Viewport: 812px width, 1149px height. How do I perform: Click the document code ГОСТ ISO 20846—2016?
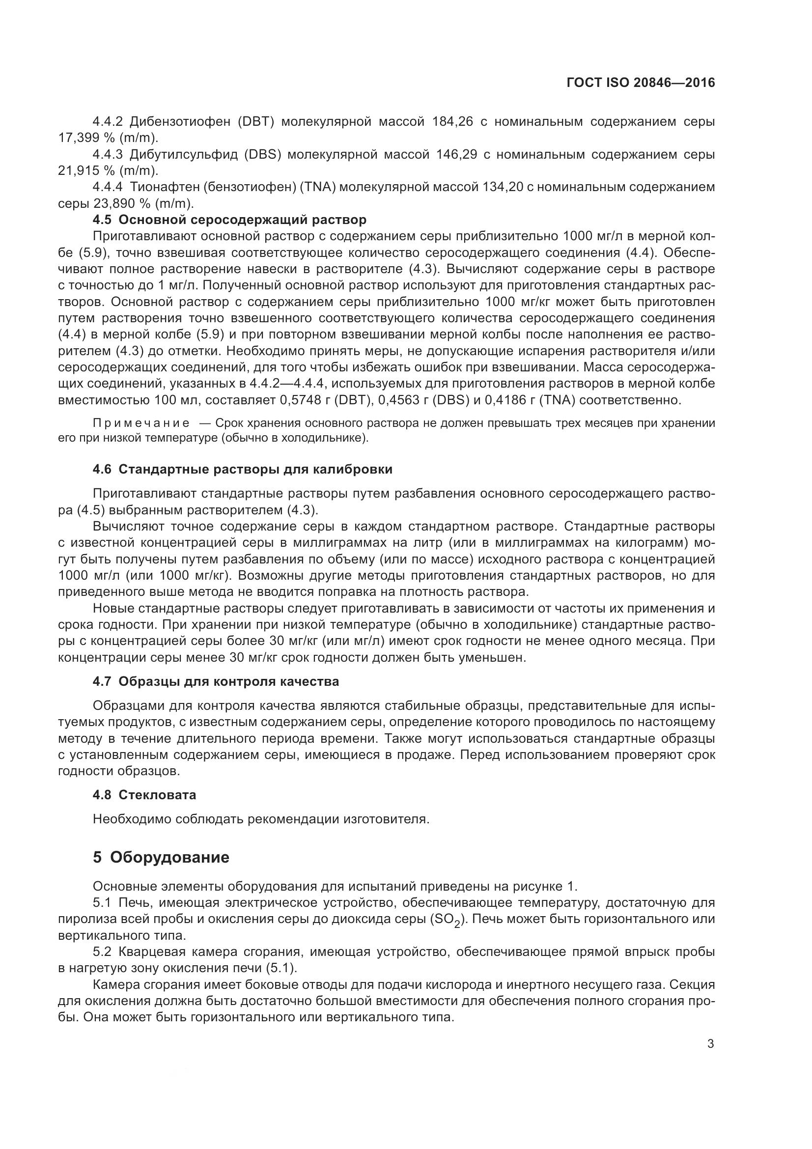click(641, 83)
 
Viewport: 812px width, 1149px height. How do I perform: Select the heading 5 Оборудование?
click(161, 857)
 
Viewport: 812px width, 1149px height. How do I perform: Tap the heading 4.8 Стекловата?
click(144, 795)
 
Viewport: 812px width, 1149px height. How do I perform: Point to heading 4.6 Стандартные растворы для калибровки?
click(242, 470)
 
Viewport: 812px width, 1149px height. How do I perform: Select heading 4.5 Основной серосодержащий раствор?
click(229, 220)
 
